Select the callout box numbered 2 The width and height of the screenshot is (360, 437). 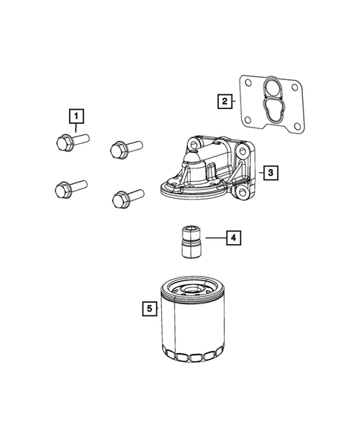tap(223, 101)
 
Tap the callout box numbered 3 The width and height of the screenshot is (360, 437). tap(272, 172)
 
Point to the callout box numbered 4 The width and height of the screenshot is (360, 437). tap(233, 237)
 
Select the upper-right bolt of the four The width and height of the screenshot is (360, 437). tap(122, 150)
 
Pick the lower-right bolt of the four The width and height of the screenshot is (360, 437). tap(123, 198)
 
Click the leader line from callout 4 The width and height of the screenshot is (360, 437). tap(215, 238)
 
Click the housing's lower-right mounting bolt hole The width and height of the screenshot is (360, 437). tap(242, 197)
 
